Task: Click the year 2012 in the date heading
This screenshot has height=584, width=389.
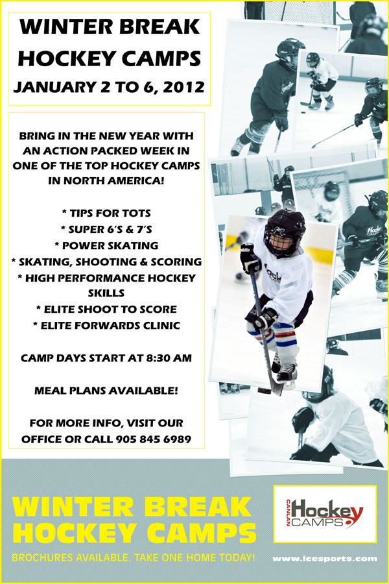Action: (184, 86)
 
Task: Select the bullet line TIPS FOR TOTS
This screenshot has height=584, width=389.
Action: (106, 213)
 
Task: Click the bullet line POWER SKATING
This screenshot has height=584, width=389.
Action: (106, 245)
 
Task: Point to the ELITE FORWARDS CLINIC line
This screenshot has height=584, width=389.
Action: (106, 326)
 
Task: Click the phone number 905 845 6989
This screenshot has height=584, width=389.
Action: (154, 439)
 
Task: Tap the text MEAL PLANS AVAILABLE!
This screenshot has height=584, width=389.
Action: (106, 391)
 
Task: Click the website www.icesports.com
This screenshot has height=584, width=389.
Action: (325, 559)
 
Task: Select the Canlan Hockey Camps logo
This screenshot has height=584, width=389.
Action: (325, 513)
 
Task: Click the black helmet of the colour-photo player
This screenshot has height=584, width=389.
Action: (285, 232)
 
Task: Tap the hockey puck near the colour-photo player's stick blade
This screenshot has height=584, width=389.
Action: (264, 391)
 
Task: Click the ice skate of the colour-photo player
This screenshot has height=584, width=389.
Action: (287, 373)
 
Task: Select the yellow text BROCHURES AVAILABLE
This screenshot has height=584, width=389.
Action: (71, 557)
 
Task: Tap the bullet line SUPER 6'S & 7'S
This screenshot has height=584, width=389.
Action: (106, 229)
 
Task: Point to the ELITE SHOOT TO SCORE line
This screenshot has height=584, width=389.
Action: (106, 309)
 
